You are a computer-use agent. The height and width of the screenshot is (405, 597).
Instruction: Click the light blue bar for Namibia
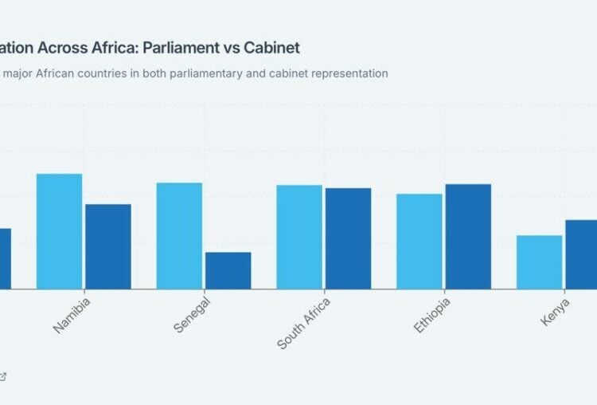click(x=59, y=231)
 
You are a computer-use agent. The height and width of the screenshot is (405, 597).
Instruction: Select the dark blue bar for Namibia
click(x=108, y=246)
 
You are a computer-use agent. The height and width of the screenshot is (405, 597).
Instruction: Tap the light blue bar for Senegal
click(x=179, y=235)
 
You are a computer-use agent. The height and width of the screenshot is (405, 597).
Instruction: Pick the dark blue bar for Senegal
click(x=228, y=270)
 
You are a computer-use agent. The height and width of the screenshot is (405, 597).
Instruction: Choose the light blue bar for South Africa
click(x=299, y=237)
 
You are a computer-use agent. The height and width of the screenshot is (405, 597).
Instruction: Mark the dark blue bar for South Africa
click(x=348, y=238)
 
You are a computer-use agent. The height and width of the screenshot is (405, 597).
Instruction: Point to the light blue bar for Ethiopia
click(x=419, y=241)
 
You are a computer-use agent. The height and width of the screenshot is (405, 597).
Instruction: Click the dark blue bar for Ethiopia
click(x=468, y=236)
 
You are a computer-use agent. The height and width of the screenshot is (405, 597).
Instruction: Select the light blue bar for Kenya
click(x=539, y=261)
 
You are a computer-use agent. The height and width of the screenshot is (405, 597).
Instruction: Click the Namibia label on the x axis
click(x=72, y=314)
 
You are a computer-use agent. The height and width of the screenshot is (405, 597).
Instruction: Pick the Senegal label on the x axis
click(x=191, y=314)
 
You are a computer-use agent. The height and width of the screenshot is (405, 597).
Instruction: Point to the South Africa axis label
click(x=303, y=323)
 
